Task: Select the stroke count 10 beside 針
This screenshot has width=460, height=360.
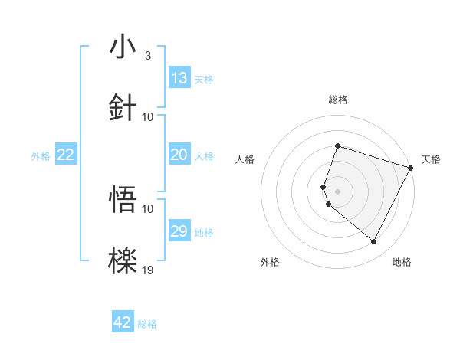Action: [148, 116]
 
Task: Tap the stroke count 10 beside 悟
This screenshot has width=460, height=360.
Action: [148, 208]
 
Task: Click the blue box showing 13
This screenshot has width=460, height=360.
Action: [179, 78]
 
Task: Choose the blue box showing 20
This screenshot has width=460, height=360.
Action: [179, 155]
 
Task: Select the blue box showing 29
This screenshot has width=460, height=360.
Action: [179, 231]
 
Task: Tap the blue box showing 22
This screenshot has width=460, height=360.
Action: [66, 155]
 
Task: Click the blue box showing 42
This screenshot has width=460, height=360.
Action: [123, 322]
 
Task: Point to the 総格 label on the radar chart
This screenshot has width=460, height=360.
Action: [337, 100]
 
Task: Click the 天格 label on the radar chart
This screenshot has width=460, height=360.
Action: [431, 159]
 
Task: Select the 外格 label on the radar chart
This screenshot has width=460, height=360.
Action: [270, 262]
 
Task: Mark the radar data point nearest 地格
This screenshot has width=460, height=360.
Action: [374, 242]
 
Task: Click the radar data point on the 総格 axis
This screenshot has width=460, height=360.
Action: [337, 146]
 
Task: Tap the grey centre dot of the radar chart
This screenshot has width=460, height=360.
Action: [337, 191]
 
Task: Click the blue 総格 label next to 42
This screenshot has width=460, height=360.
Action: [147, 324]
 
